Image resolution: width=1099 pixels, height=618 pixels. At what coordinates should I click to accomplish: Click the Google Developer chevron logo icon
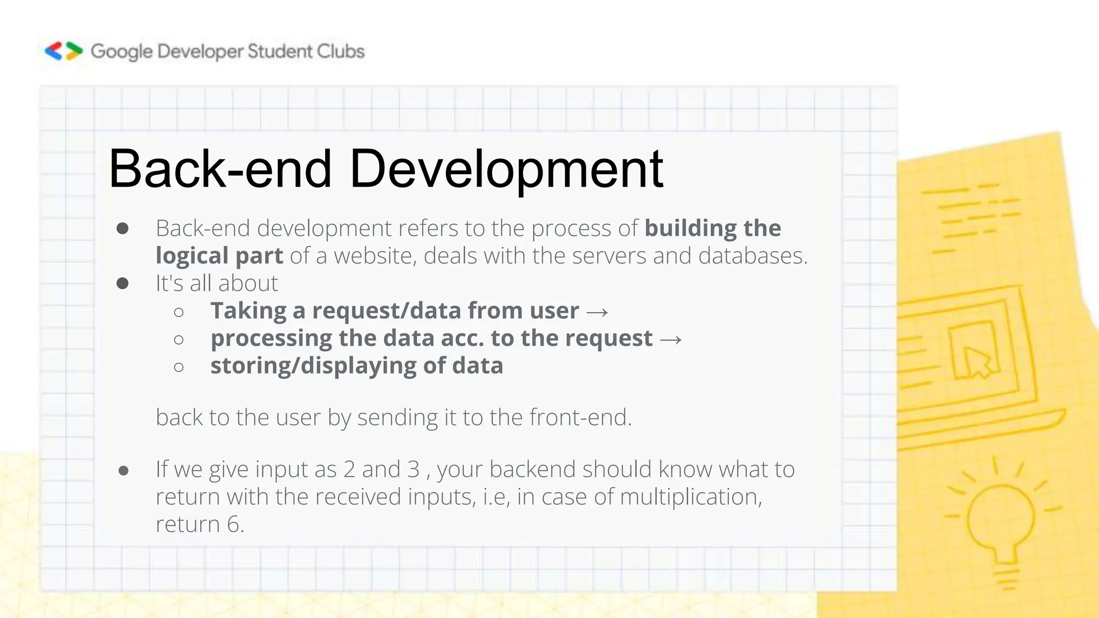click(x=63, y=51)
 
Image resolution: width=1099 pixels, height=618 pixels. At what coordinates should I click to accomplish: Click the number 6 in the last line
click(x=233, y=524)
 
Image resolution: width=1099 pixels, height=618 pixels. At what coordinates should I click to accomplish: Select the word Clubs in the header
click(x=341, y=51)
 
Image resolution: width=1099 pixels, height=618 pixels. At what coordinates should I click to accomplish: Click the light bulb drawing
click(x=1001, y=520)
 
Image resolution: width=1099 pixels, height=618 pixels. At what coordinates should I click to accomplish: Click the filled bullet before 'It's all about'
click(x=122, y=283)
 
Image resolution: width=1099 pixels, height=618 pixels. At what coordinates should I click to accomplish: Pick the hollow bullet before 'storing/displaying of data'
click(x=179, y=367)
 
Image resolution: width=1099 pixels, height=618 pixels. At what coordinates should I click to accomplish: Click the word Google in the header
click(x=122, y=51)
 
